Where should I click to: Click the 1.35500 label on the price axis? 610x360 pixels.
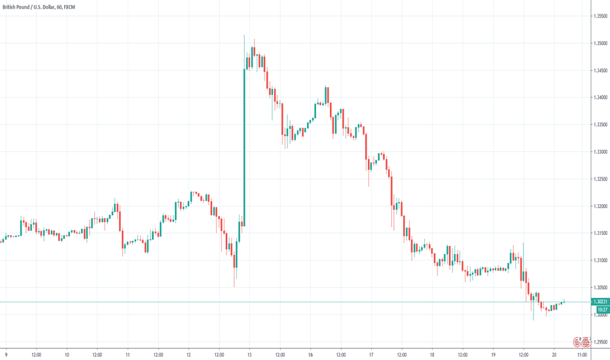pyautogui.click(x=600, y=16)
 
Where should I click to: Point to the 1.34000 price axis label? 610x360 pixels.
pyautogui.click(x=600, y=98)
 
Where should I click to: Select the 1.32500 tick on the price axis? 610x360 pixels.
pyautogui.click(x=600, y=179)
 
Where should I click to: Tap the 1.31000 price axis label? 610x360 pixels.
pyautogui.click(x=600, y=261)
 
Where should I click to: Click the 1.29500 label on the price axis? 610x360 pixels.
pyautogui.click(x=600, y=342)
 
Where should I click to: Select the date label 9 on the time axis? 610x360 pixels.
pyautogui.click(x=5, y=354)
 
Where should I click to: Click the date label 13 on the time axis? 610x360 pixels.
pyautogui.click(x=250, y=354)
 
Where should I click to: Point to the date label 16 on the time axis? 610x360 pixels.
pyautogui.click(x=310, y=354)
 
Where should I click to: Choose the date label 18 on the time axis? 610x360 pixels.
pyautogui.click(x=432, y=354)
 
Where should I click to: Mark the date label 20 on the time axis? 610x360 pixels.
pyautogui.click(x=554, y=354)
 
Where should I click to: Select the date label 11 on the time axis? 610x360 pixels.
pyautogui.click(x=128, y=354)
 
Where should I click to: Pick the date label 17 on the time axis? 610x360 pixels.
pyautogui.click(x=371, y=354)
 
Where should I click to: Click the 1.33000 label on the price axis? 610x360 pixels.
pyautogui.click(x=600, y=152)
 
